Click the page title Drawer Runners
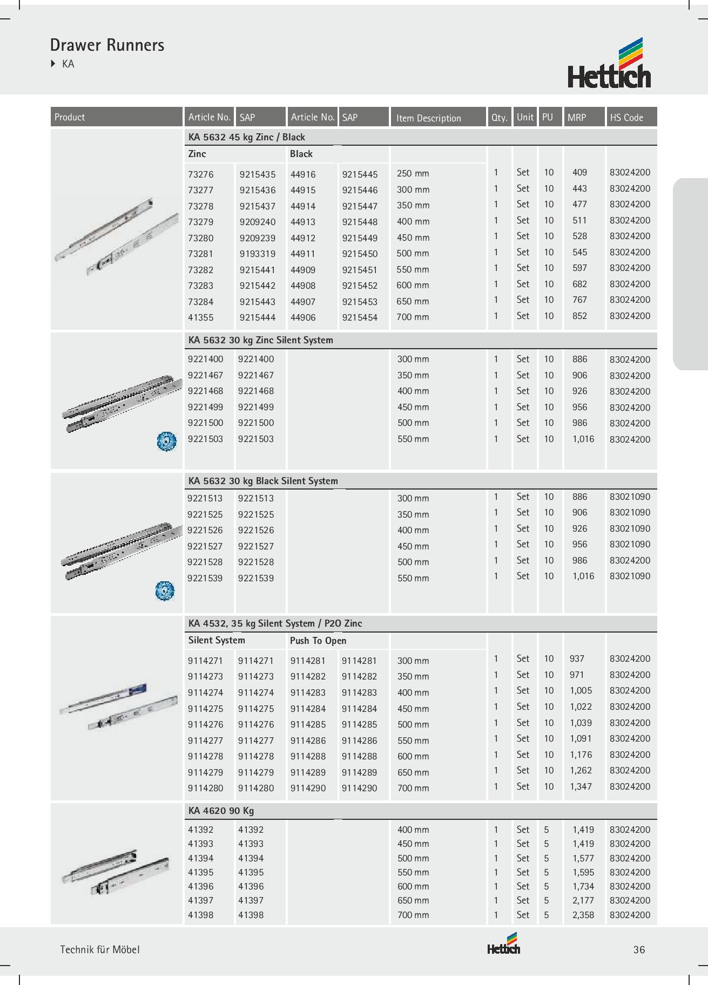tap(107, 45)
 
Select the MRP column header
tap(577, 117)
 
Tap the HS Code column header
tap(626, 117)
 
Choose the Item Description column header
tap(428, 118)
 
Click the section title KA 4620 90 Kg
tap(221, 811)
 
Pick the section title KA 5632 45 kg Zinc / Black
tap(246, 137)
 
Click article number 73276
tap(201, 174)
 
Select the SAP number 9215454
tap(360, 317)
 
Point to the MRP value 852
tap(579, 316)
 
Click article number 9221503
tap(205, 439)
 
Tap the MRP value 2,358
tap(583, 915)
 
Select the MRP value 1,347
tap(581, 786)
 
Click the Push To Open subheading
tap(318, 641)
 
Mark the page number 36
tap(639, 950)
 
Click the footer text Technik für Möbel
tap(100, 949)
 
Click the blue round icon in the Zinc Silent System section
tap(166, 441)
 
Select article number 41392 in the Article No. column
tap(201, 830)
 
